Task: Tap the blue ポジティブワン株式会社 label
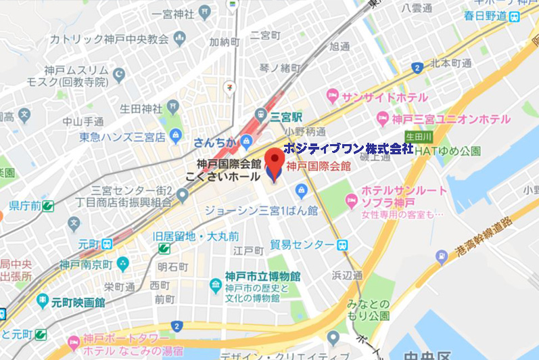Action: [x=348, y=149]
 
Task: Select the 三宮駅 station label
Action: [x=285, y=116]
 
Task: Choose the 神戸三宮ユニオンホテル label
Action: [x=453, y=119]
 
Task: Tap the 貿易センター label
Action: [x=301, y=244]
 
